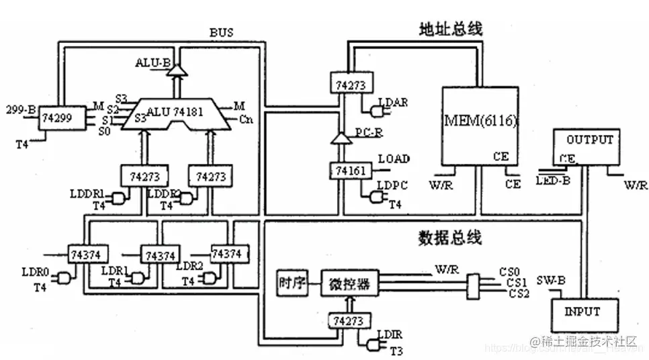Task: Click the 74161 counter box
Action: tap(349, 172)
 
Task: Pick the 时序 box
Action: tap(292, 282)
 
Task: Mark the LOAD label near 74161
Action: tap(394, 159)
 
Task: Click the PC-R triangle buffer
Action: tap(340, 140)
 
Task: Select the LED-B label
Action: tap(554, 181)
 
